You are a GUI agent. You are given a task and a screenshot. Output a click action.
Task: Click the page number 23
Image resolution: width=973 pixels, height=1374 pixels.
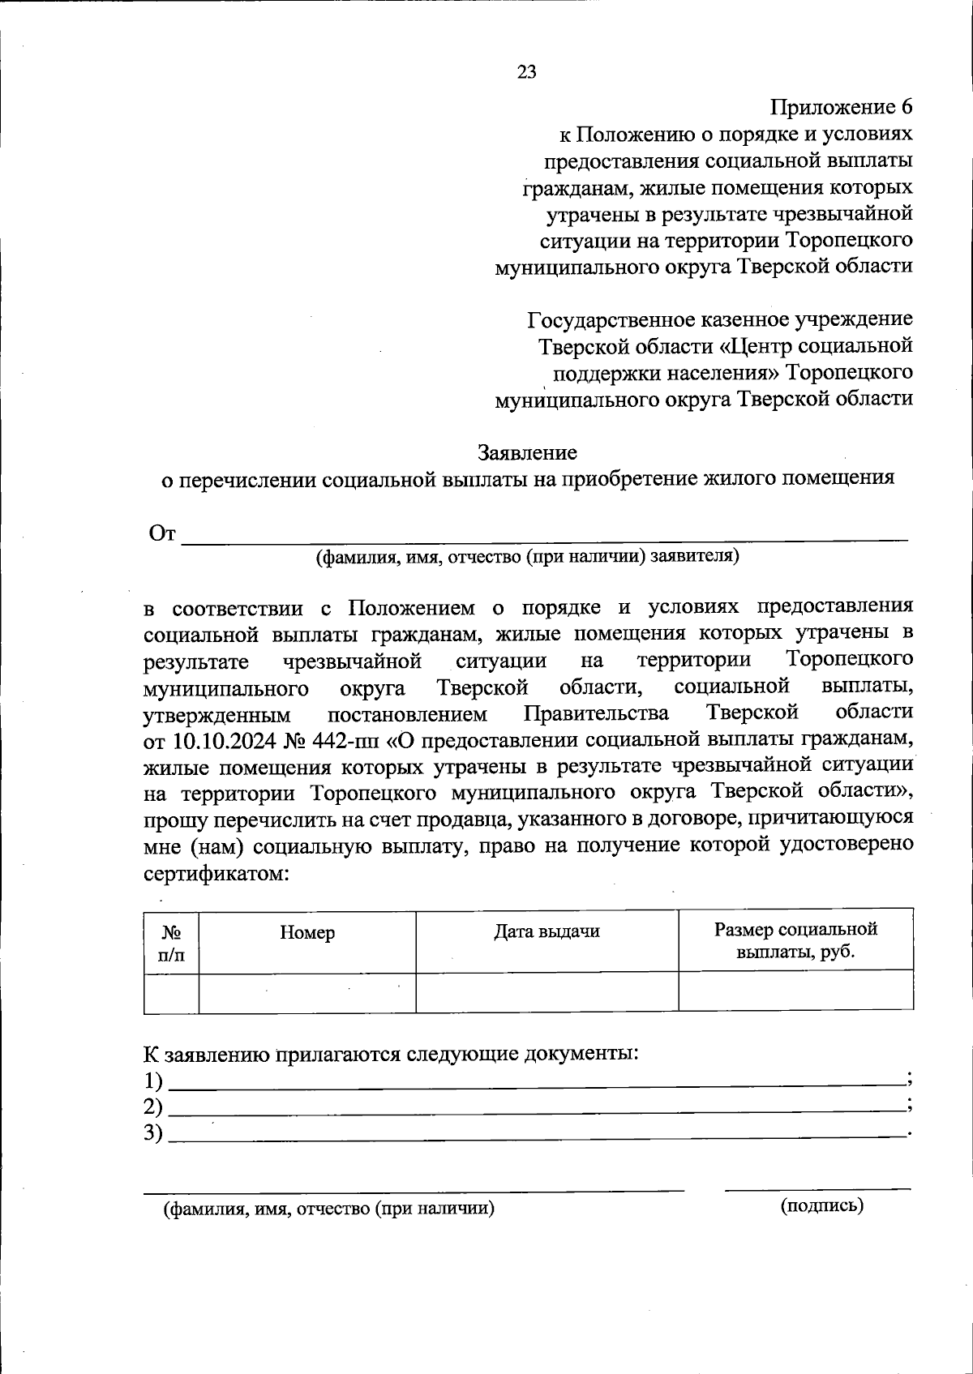click(526, 72)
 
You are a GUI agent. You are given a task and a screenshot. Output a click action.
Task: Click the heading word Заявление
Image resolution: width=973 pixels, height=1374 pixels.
click(527, 452)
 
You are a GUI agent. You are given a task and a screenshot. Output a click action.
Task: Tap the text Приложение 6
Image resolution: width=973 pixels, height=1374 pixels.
click(842, 107)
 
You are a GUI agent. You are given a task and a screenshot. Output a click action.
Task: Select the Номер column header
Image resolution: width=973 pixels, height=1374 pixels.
click(307, 933)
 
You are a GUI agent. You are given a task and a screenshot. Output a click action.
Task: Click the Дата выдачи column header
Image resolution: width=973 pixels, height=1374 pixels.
click(547, 931)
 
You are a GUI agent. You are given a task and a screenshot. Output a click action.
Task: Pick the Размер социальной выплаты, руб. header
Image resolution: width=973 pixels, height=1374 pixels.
click(795, 940)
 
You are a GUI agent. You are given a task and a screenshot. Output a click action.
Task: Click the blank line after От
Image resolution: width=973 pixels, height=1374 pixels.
click(543, 536)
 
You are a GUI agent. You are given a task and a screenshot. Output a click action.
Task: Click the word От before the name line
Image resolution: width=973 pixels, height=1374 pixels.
click(162, 534)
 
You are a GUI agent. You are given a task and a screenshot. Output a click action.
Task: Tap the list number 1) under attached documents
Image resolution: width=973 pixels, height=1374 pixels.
click(153, 1081)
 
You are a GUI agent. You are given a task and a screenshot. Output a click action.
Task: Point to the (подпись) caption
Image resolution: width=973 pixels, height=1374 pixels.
click(822, 1205)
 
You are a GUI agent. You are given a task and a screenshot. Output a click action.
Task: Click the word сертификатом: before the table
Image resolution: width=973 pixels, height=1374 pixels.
click(216, 874)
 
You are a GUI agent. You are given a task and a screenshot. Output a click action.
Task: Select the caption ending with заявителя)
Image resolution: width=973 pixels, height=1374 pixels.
click(527, 557)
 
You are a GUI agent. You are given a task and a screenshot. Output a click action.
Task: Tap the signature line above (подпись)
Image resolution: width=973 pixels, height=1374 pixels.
click(817, 1189)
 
